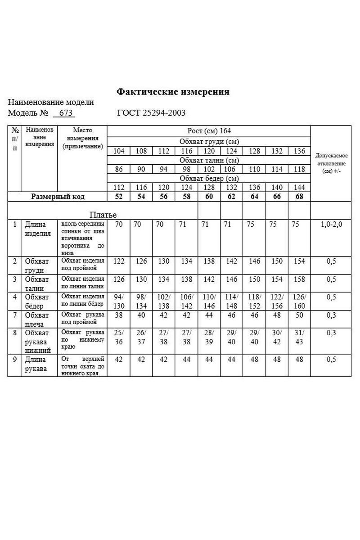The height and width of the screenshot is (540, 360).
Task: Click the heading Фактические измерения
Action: point(173,92)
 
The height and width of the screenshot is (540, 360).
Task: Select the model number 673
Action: point(65,113)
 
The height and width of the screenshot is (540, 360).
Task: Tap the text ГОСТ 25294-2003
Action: point(151,113)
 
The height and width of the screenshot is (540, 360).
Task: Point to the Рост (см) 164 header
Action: point(209,131)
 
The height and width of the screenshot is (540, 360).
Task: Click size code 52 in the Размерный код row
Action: point(119,197)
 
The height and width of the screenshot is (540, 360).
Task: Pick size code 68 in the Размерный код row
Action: point(299,197)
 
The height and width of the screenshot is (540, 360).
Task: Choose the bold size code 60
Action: point(209,197)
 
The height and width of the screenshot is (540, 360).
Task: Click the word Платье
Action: point(103,215)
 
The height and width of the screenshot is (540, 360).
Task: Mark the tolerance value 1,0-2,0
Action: point(331,224)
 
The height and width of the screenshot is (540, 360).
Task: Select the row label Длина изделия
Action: point(38,228)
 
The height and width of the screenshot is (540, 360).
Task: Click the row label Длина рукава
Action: point(36,364)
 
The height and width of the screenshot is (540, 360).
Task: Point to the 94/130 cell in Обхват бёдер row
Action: point(119,301)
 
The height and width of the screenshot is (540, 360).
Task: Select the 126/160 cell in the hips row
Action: point(299,301)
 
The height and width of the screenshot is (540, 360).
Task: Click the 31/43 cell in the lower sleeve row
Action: point(299,337)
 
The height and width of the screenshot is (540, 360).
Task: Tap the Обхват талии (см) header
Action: point(209,160)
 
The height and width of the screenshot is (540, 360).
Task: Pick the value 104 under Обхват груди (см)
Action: point(119,151)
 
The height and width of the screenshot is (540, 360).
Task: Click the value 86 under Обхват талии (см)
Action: point(119,170)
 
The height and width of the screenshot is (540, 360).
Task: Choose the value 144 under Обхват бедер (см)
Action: point(299,188)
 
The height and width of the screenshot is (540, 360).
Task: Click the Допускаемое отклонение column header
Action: point(331,163)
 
